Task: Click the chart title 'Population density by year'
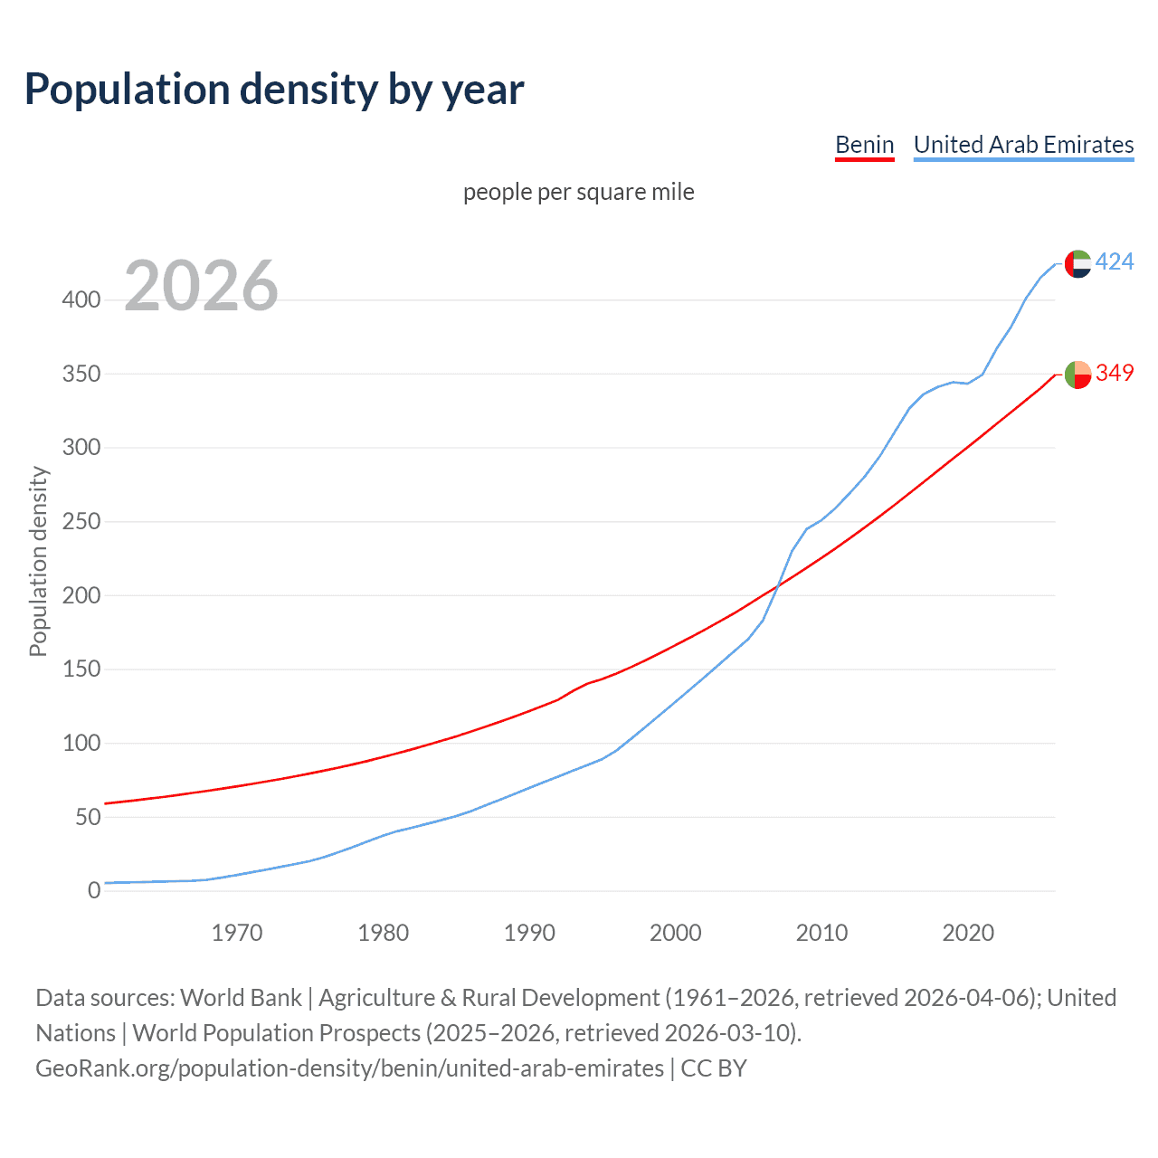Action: (x=274, y=90)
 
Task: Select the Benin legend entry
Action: (x=864, y=145)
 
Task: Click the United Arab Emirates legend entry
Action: (x=1023, y=145)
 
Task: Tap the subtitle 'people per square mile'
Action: (x=578, y=193)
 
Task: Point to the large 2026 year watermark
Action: (x=201, y=287)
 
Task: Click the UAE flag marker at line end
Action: (x=1077, y=263)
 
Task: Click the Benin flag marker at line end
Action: (x=1077, y=374)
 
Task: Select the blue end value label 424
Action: (x=1115, y=262)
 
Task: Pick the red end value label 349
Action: (x=1115, y=373)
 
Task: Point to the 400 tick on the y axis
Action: (x=81, y=300)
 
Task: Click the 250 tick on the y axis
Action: (x=81, y=522)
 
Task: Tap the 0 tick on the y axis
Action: (x=94, y=891)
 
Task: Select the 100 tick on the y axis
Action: (x=81, y=744)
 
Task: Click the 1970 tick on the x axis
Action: (x=237, y=933)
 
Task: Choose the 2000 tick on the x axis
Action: (x=675, y=933)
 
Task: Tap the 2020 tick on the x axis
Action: (x=968, y=933)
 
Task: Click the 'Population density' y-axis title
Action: (x=38, y=561)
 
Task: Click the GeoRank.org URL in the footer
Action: (x=349, y=1068)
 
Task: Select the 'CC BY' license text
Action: (x=714, y=1068)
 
